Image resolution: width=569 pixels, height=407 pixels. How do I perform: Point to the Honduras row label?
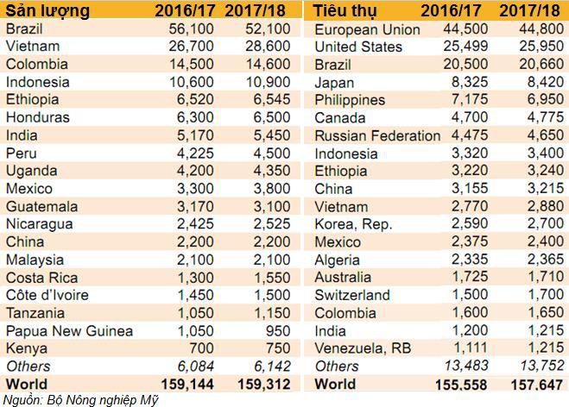(38, 117)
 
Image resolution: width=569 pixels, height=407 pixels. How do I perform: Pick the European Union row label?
(367, 29)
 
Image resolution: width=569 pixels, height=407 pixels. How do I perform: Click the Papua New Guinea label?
(69, 331)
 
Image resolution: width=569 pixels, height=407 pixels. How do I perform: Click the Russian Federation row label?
(377, 136)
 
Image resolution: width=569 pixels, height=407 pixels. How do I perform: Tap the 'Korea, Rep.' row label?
(355, 225)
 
